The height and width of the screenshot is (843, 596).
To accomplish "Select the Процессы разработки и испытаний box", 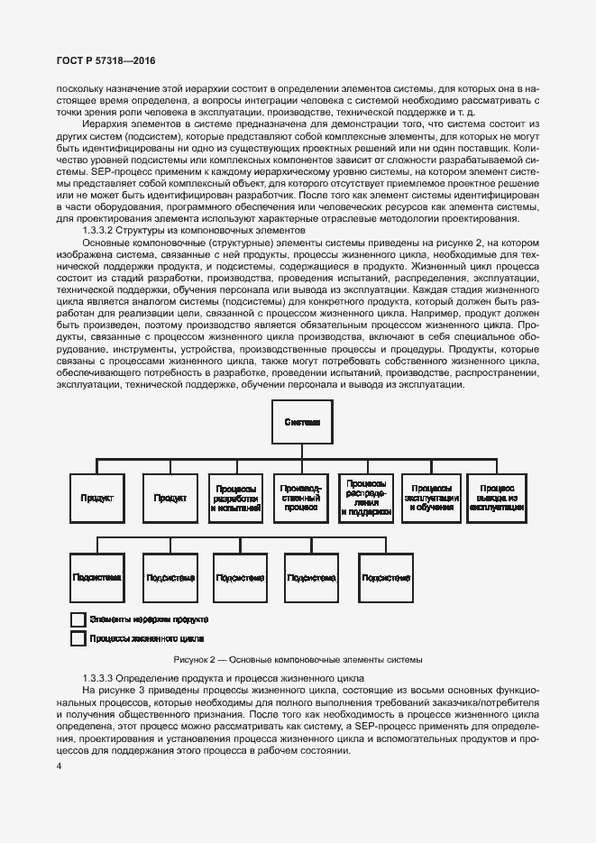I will tap(237, 498).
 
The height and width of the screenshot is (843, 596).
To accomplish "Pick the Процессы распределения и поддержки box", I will tap(367, 498).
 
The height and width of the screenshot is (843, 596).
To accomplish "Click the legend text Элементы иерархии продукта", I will tap(149, 619).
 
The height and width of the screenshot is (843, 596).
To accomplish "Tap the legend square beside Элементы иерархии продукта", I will tap(78, 620).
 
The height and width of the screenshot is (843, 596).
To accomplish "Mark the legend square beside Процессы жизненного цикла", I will tap(78, 639).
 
